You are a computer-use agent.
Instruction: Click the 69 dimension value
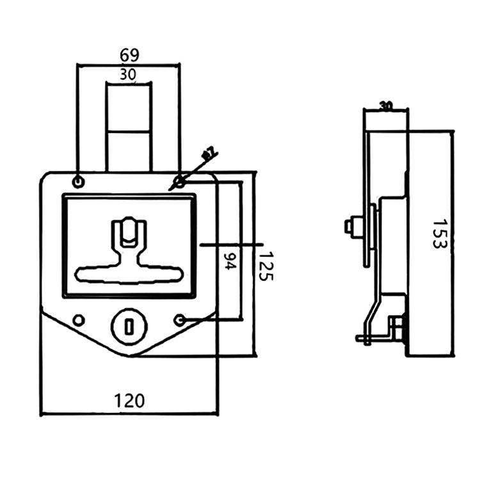pos(129,54)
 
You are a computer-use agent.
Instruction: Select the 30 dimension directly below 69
pos(128,74)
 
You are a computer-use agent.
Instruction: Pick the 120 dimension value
pos(129,401)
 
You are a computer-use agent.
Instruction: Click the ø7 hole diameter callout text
pos(209,154)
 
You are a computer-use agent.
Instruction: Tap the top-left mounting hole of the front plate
pos(78,182)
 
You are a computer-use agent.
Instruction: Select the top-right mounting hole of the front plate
pos(180,182)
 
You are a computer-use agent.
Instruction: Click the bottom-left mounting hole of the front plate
pos(78,319)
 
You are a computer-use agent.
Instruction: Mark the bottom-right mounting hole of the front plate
pos(180,319)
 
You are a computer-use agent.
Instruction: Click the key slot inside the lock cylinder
pos(129,328)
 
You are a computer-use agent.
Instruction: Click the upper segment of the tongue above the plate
pos(129,108)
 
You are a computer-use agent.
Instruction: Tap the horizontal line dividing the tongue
pos(129,132)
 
